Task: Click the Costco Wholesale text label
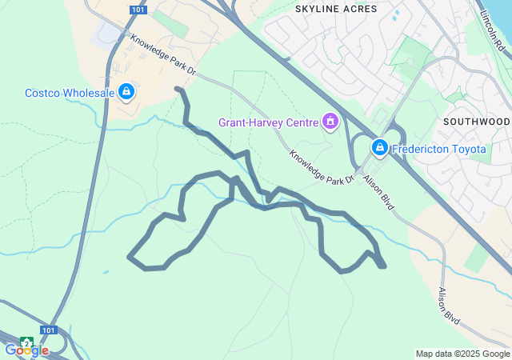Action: click(70, 93)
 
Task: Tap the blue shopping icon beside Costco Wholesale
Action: click(126, 93)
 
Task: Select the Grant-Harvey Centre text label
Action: click(268, 122)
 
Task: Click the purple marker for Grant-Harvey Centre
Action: click(330, 122)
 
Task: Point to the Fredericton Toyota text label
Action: click(438, 149)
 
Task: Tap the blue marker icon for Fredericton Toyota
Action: click(379, 148)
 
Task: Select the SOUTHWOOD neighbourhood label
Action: click(476, 122)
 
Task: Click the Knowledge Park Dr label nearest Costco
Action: click(162, 54)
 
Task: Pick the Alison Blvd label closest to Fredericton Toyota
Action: click(378, 192)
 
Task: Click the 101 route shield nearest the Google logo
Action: click(49, 330)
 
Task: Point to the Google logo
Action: click(26, 350)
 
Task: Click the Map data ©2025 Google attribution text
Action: click(462, 354)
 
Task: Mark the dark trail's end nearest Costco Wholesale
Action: click(177, 89)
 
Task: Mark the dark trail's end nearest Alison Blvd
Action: click(385, 266)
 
